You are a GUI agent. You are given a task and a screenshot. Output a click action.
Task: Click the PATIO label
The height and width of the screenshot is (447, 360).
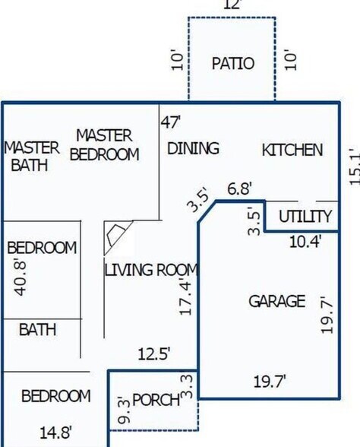[x=232, y=63]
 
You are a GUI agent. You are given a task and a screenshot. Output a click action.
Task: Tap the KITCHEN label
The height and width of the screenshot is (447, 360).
[x=292, y=150]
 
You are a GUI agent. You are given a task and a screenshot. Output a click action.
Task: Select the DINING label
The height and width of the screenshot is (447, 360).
[x=193, y=148]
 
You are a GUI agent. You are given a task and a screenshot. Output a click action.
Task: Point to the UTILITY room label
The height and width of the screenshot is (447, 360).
[x=305, y=217]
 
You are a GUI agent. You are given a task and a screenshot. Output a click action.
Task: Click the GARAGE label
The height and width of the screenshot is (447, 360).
[x=277, y=302]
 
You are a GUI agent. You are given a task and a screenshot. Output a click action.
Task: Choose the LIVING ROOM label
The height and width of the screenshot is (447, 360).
[x=151, y=270]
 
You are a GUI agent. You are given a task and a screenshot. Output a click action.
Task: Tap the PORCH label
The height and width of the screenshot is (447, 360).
[x=156, y=400]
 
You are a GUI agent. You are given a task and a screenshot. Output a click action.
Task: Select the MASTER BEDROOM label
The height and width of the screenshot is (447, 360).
[x=105, y=144]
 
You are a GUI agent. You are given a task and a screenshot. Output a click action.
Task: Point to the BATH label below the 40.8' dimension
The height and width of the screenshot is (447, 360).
[x=38, y=330]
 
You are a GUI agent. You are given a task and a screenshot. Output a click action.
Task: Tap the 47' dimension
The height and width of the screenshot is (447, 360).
[x=171, y=121]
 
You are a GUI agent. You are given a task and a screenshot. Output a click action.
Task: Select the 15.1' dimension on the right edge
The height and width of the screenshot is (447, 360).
[x=352, y=166]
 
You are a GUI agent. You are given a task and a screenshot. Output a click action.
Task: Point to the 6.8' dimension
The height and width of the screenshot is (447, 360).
[x=239, y=189]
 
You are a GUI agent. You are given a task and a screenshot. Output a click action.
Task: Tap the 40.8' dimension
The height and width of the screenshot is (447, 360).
[x=22, y=277]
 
